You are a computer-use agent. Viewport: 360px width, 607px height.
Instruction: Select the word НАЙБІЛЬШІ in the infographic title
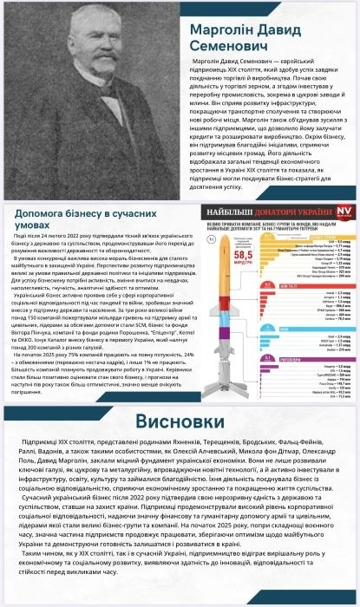[x=234, y=186]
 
